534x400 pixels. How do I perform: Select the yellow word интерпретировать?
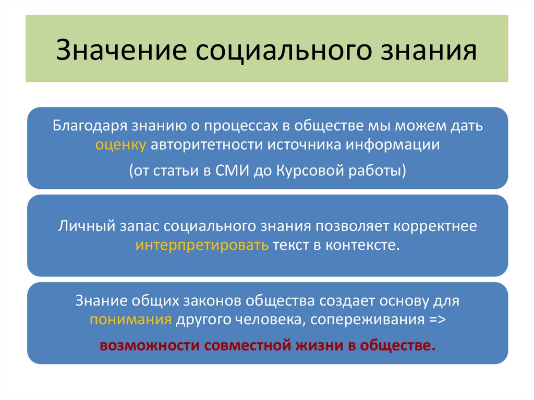pyautogui.click(x=202, y=245)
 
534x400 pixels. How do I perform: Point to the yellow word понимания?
pyautogui.click(x=130, y=320)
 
